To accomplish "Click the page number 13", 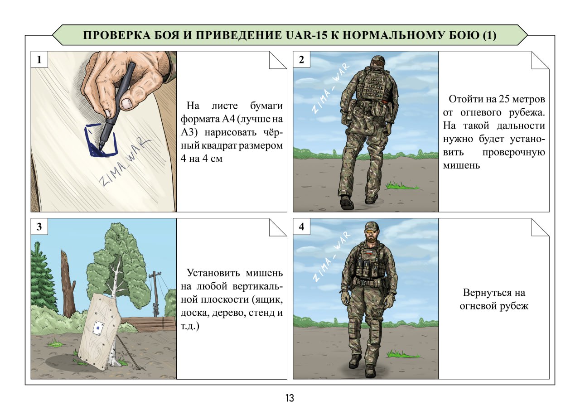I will click(x=290, y=399).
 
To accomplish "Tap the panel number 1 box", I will click(x=39, y=59).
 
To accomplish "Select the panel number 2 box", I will click(x=301, y=59).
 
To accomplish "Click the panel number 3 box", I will click(x=39, y=227).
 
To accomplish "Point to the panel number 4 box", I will click(x=301, y=227).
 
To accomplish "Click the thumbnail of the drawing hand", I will click(x=127, y=103).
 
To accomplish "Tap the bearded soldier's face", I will click(x=371, y=236).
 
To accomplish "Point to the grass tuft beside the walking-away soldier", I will click(x=401, y=186).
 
